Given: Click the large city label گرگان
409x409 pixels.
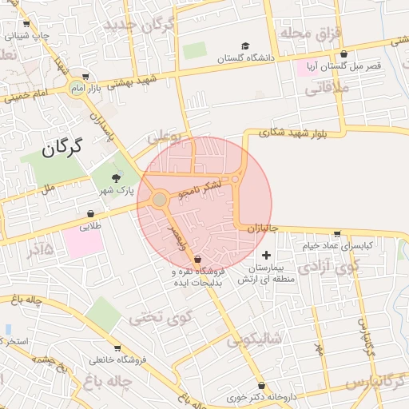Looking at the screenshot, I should [62, 148].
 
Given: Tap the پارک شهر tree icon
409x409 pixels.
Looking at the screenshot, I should [117, 177].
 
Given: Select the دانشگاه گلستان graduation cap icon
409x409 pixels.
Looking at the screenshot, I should [246, 46].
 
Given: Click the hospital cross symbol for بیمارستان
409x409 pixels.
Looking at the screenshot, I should [266, 255].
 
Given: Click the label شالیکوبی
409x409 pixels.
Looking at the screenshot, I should [255, 339].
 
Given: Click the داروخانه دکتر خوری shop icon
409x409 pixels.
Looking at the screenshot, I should [261, 386].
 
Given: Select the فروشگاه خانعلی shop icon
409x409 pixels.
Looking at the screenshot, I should [117, 348].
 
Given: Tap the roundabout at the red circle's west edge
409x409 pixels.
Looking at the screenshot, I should [160, 198].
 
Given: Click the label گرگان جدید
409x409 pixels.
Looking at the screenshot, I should [138, 26].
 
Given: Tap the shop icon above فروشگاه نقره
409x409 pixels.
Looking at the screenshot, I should [197, 260].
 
